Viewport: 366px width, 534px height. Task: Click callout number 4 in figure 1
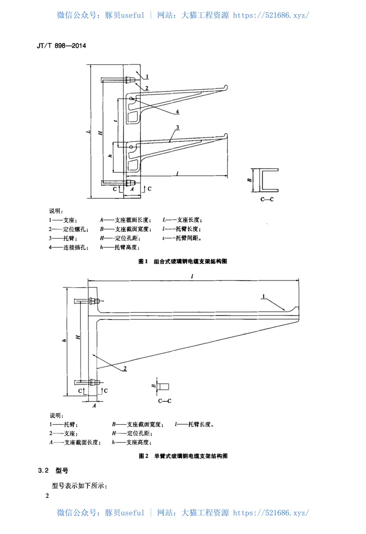tap(177, 111)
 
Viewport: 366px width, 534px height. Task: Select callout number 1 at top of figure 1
tap(148, 76)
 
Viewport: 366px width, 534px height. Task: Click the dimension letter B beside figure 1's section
tap(250, 180)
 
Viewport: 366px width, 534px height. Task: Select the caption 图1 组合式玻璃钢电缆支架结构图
tap(183, 262)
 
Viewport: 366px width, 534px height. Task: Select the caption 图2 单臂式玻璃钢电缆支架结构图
tap(183, 456)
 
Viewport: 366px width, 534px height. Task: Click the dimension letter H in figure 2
tap(78, 337)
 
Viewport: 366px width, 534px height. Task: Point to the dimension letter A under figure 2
tap(95, 405)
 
